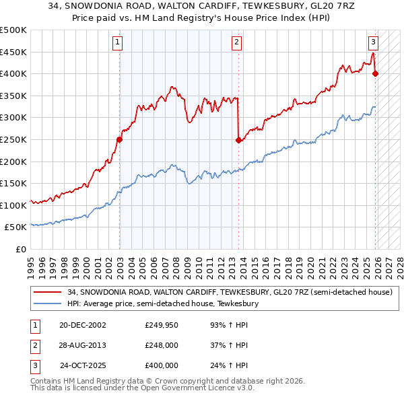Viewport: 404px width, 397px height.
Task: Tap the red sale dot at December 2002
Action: click(119, 140)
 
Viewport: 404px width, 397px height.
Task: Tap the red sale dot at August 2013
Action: click(238, 141)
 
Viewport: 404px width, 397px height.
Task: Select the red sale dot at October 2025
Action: click(375, 74)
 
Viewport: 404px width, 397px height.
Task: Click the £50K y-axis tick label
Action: click(16, 227)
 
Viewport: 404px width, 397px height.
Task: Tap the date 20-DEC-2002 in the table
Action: click(82, 325)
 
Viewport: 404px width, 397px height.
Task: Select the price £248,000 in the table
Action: click(162, 345)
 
